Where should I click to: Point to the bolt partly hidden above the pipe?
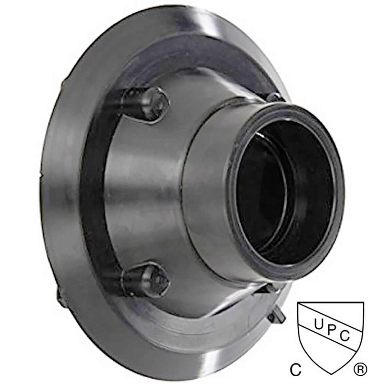274,97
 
